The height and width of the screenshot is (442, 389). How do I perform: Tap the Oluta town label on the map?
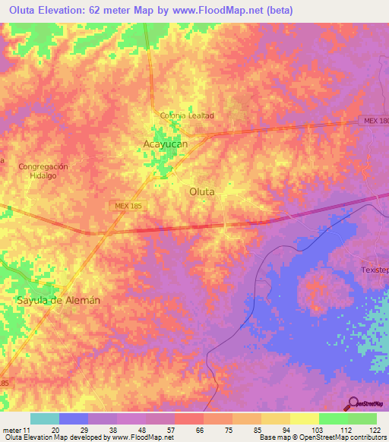201,192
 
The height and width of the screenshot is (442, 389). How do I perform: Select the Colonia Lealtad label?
187,115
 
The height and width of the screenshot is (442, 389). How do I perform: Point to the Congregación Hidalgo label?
43,171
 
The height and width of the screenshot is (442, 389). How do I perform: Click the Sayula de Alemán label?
59,300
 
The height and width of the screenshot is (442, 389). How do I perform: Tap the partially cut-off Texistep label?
374,271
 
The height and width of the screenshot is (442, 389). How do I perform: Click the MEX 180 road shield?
373,122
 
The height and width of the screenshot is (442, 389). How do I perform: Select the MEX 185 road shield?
124,206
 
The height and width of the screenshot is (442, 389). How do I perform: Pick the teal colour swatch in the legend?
44,418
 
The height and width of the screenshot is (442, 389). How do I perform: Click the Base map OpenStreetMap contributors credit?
322,437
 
